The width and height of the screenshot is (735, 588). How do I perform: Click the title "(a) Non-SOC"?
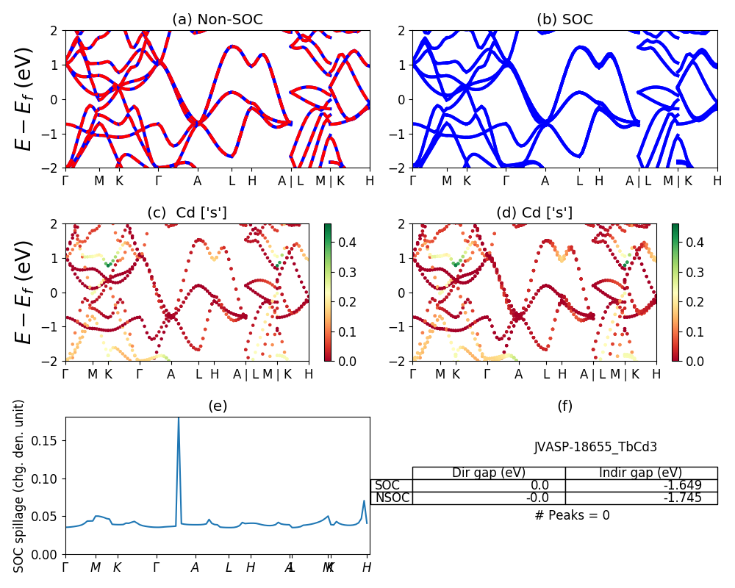(x=217, y=20)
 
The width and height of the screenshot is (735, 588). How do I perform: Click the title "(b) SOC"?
(x=564, y=20)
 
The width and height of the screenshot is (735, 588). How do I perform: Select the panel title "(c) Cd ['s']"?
(x=187, y=213)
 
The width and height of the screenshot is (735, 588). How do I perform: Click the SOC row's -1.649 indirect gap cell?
(x=641, y=485)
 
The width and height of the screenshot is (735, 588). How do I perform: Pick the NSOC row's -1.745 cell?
(x=641, y=498)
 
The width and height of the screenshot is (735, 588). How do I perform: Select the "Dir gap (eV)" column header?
(x=489, y=473)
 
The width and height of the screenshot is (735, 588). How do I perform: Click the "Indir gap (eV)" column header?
(x=641, y=473)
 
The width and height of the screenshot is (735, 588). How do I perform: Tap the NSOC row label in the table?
(x=391, y=498)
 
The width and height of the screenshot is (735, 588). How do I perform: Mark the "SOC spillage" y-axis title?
(x=20, y=486)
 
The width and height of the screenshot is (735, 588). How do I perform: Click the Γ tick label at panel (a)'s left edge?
(x=65, y=181)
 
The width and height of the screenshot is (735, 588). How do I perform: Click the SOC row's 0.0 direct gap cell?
(x=489, y=485)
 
